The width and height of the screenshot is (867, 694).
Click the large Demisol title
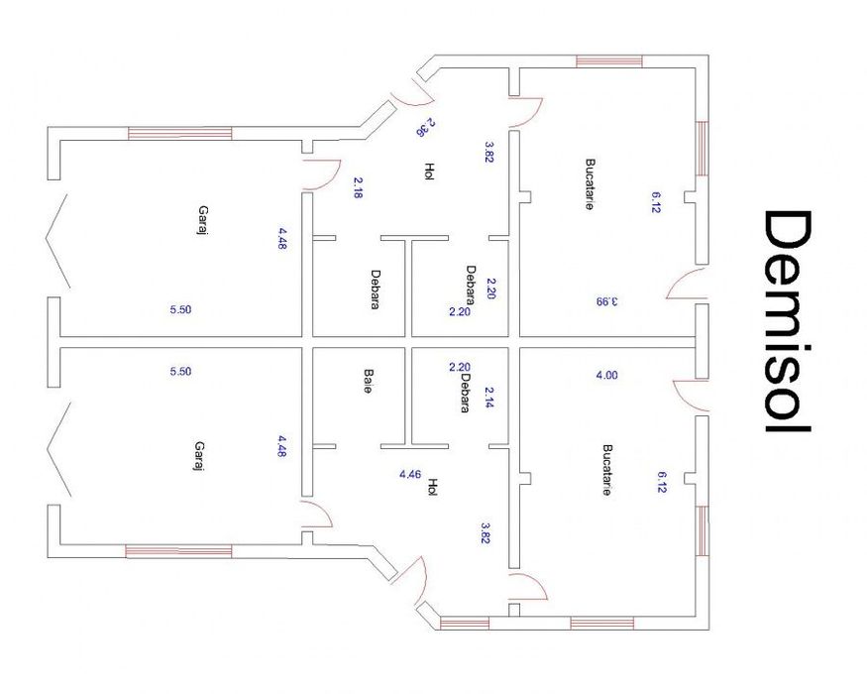(x=789, y=321)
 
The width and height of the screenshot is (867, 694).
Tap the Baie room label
(x=368, y=383)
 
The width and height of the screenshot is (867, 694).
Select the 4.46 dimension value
(x=409, y=474)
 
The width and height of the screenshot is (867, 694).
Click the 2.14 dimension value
(x=488, y=398)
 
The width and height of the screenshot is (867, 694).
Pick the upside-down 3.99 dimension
(x=605, y=301)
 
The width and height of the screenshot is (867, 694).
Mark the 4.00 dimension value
(x=605, y=375)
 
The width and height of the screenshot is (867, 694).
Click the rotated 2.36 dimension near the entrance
(x=425, y=127)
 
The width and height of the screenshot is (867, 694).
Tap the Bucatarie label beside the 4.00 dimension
(x=606, y=469)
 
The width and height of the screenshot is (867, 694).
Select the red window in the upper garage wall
(x=179, y=133)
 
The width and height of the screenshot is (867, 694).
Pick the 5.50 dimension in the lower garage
(x=180, y=372)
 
